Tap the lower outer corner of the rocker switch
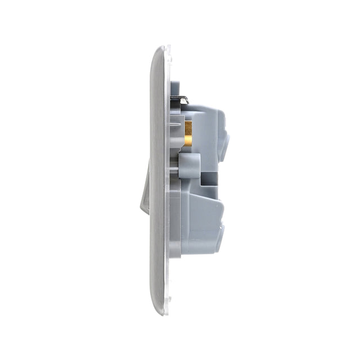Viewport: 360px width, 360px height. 143,213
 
